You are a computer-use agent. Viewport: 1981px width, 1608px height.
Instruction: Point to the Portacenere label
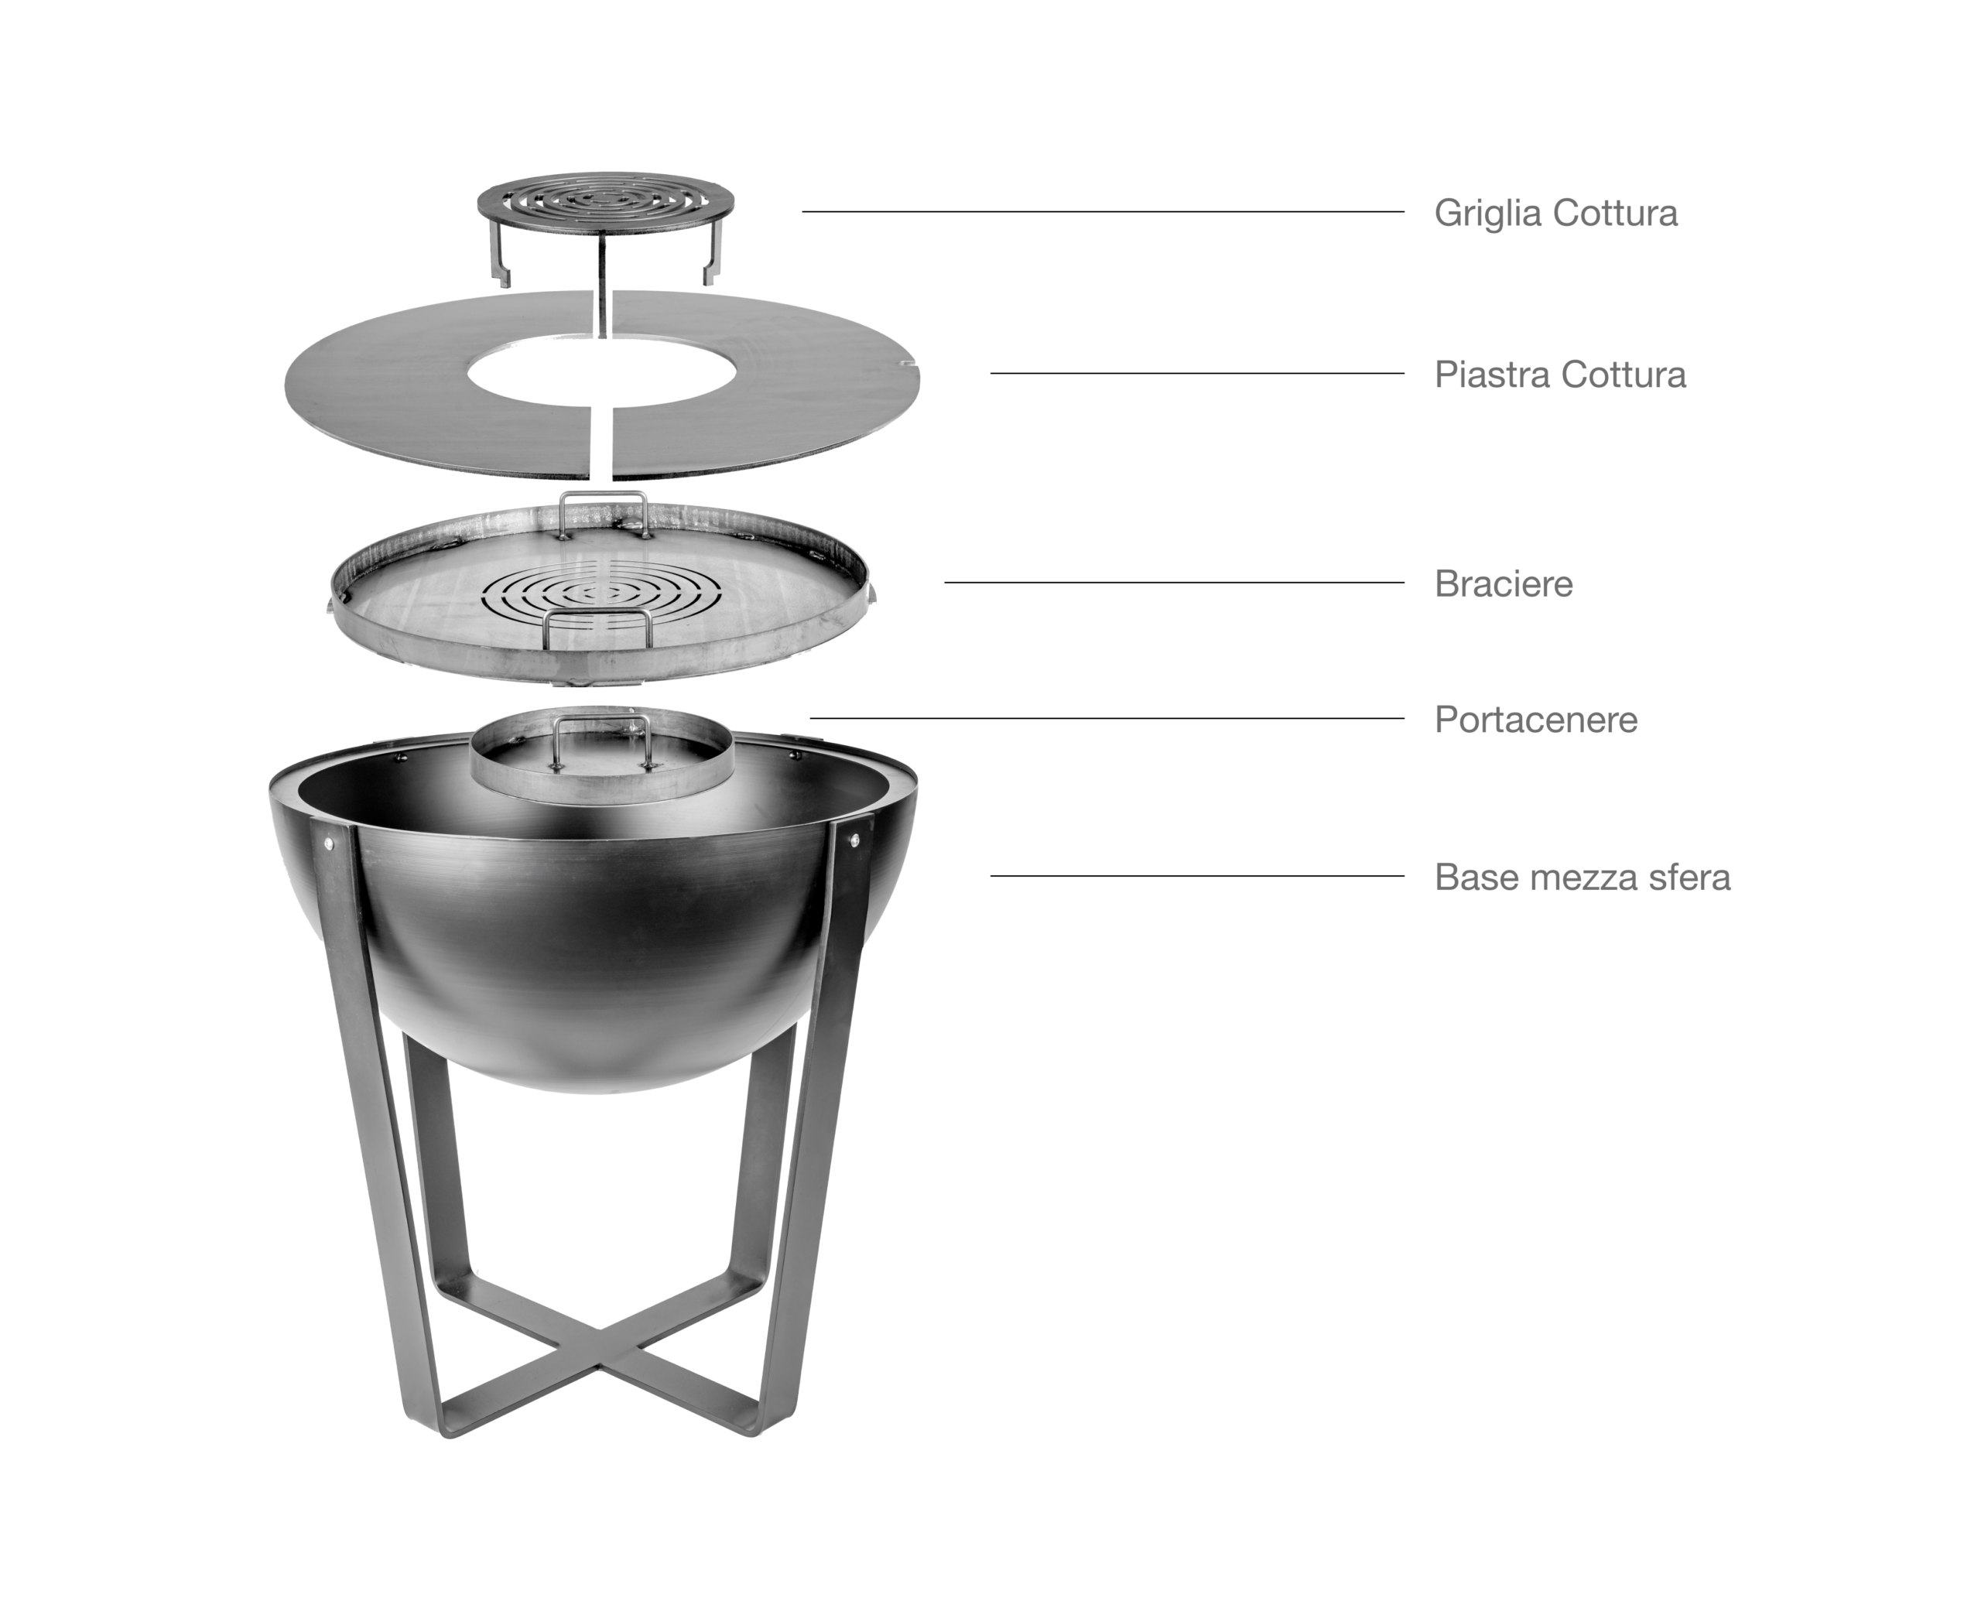1535,720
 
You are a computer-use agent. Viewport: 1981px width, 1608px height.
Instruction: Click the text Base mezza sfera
1582,878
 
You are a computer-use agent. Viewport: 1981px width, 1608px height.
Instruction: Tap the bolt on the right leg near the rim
853,840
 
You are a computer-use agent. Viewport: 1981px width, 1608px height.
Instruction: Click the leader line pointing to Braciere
1175,583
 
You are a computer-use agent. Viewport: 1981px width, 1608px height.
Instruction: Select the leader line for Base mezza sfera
1197,875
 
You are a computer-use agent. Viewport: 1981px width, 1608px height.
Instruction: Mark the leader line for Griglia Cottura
1103,212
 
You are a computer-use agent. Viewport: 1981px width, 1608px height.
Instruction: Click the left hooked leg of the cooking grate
498,252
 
